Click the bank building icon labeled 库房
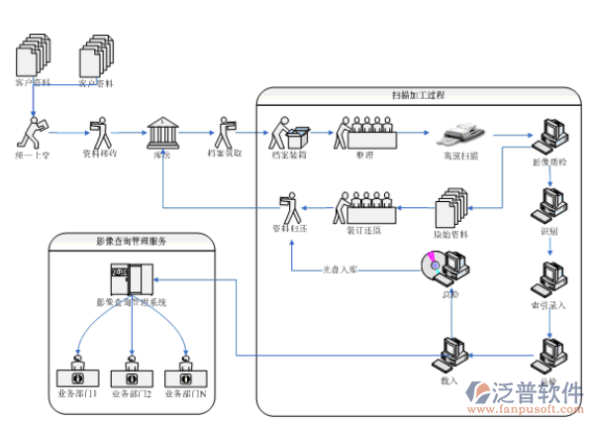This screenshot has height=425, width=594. pyautogui.click(x=161, y=134)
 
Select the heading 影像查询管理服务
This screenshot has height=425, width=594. pyautogui.click(x=131, y=241)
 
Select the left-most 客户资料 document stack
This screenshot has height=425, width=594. pyautogui.click(x=33, y=57)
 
